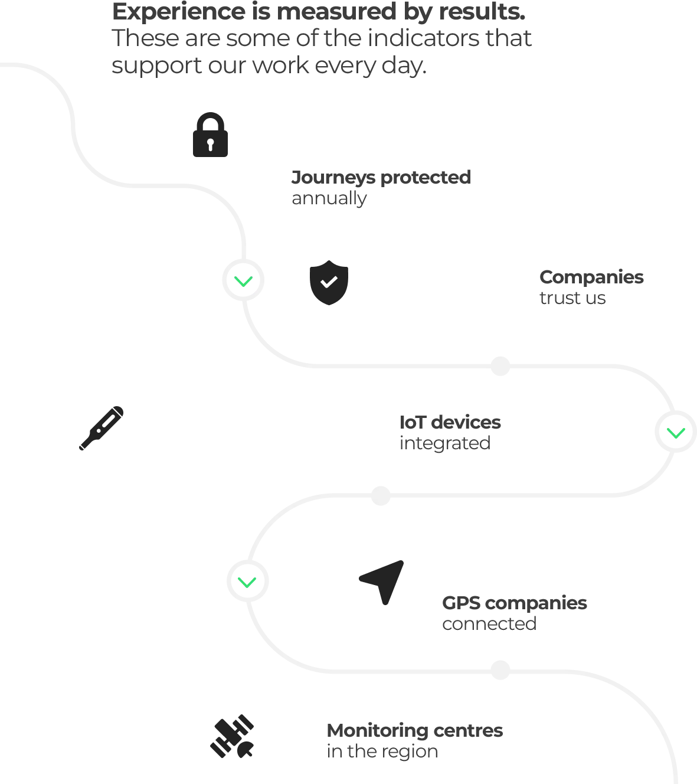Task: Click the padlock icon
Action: pos(210,136)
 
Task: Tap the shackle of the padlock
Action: pos(211,117)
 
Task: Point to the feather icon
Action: pos(102,429)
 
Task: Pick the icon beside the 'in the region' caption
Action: pos(232,737)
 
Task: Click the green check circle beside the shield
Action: pos(243,280)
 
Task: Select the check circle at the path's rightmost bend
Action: pos(675,431)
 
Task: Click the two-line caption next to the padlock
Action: pos(380,188)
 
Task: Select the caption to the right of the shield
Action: pos(592,288)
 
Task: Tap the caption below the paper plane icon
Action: pos(513,613)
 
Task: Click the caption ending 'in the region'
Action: pos(415,741)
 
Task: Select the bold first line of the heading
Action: pos(319,13)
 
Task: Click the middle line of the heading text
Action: pos(322,40)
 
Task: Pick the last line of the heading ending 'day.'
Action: pos(268,66)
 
